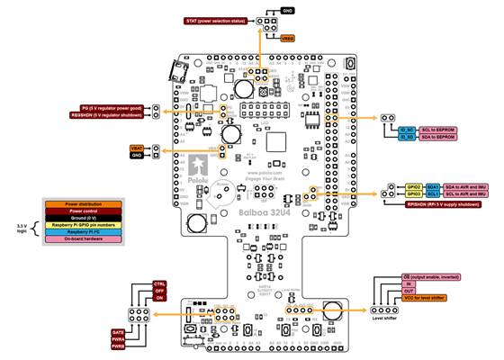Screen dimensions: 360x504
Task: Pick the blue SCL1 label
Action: coord(433,192)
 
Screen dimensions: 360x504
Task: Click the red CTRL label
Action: coord(159,284)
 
